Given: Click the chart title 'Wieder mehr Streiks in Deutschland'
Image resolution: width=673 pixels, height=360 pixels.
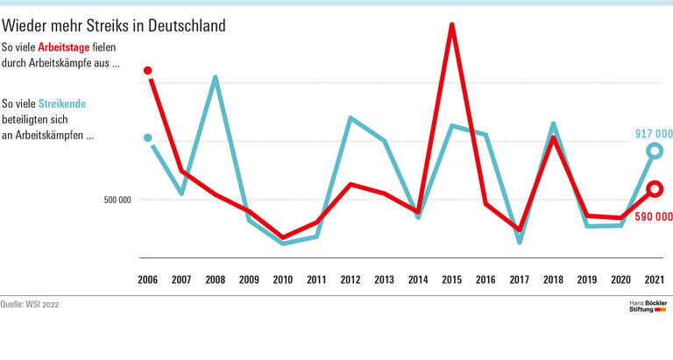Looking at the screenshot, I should pos(114,26).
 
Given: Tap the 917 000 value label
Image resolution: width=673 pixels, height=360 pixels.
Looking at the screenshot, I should pos(653,134).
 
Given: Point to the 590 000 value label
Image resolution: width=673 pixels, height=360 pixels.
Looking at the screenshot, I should pos(653,215).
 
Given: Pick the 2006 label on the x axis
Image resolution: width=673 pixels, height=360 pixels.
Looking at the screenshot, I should pos(148,279).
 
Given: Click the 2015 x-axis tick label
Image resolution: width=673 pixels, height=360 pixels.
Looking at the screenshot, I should pos(451,279).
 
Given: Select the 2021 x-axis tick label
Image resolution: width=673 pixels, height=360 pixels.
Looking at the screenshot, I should pos(653,279).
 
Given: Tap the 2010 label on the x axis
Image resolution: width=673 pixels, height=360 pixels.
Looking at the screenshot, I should pos(282,279).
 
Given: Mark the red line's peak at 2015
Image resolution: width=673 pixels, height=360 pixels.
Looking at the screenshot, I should pos(451,25).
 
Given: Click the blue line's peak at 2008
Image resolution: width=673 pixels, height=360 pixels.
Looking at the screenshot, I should pos(215,79).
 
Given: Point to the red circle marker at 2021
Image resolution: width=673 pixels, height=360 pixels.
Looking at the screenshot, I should pos(654,189).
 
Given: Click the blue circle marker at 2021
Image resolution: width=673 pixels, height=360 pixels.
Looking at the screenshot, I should pos(654,152).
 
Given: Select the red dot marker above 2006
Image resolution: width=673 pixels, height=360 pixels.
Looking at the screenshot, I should pos(148,70).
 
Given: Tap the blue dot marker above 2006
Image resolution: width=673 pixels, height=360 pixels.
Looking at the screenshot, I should pos(148,138).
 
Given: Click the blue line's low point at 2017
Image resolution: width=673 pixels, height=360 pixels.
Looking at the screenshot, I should pos(520,241).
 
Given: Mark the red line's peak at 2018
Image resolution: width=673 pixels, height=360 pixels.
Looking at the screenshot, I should pos(553,138).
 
